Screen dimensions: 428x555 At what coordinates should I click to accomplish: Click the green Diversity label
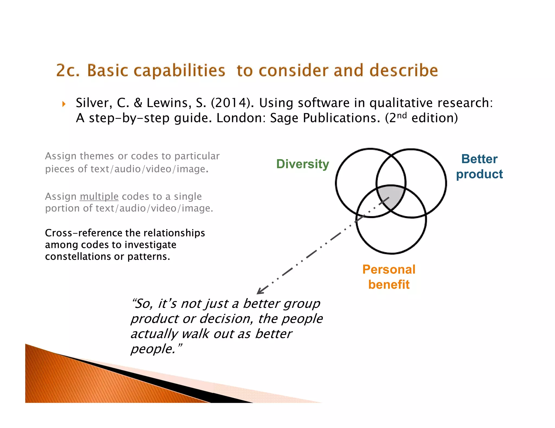point(302,164)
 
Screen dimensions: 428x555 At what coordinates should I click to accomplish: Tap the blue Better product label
point(479,166)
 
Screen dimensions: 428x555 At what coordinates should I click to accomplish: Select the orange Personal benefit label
point(389,277)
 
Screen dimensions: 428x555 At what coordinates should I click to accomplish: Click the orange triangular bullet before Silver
point(64,104)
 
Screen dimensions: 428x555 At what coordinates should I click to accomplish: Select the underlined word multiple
point(99,196)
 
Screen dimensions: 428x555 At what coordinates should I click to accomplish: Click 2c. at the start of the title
point(68,71)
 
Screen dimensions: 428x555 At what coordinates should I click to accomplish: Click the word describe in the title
point(404,71)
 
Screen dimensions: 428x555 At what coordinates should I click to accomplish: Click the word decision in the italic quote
point(226,319)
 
